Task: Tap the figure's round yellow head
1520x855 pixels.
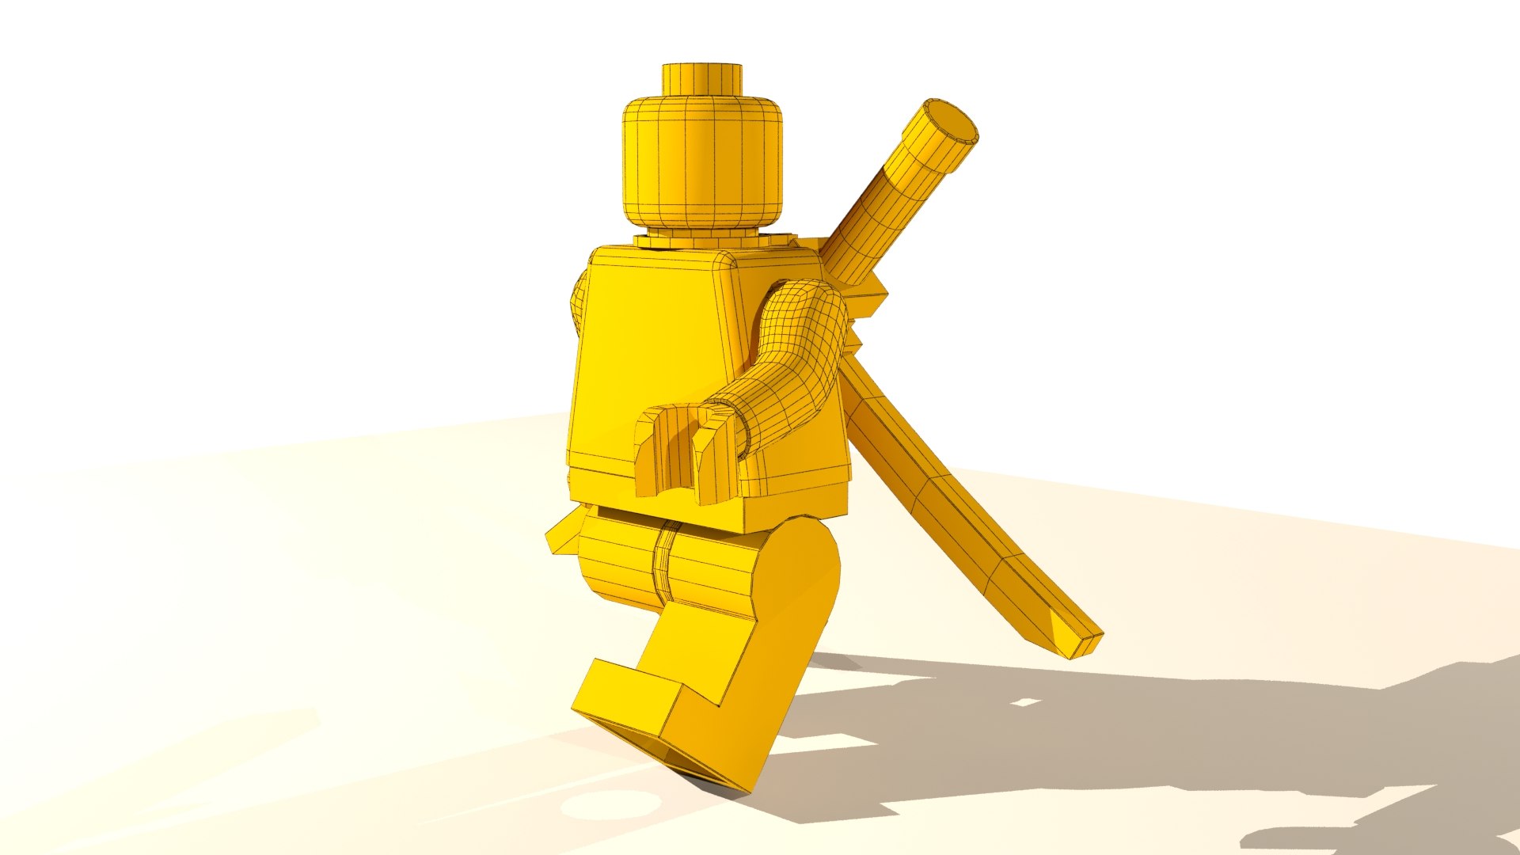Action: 701,162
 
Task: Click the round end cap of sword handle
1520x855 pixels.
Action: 952,124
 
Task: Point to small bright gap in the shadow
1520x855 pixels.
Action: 1024,701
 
